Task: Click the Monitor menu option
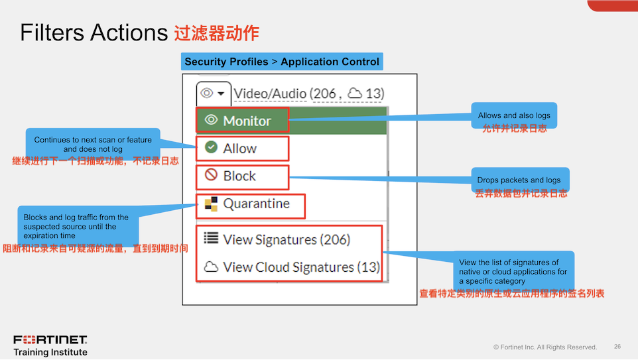coord(243,121)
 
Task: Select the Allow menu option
coord(239,149)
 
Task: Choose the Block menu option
coord(239,176)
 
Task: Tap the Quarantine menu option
coord(255,204)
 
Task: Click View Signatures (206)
coord(286,239)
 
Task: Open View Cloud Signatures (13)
coord(301,267)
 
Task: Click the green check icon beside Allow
coord(212,148)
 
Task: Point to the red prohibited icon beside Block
coord(212,176)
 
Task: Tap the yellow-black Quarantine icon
coord(211,204)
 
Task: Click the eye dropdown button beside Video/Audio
coord(214,93)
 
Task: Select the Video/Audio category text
coord(270,94)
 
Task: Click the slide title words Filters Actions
coord(93,32)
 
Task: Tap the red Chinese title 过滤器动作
coord(216,32)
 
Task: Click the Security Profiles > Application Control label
coord(282,62)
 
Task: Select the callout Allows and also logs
coord(514,115)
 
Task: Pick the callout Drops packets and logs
coord(519,180)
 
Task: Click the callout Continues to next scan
coord(93,145)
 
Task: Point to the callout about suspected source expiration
coord(76,226)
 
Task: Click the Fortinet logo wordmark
coord(50,340)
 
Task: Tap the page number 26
coord(617,347)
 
